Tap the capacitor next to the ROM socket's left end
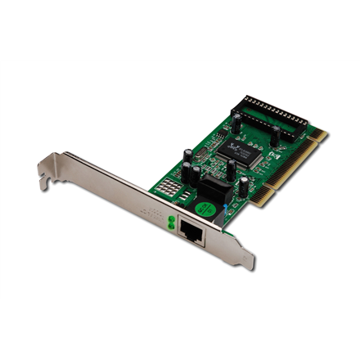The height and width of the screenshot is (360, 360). tap(236, 124)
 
